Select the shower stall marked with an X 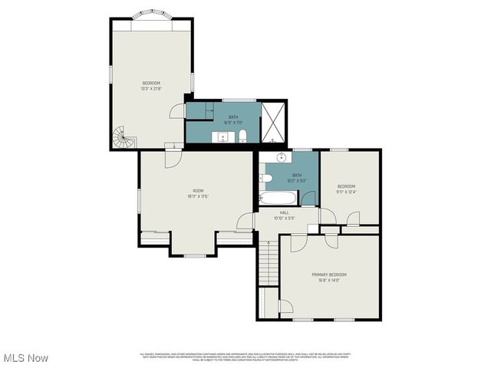tap(273, 123)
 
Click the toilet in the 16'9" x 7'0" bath tap(242, 136)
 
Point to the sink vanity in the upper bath tap(222, 138)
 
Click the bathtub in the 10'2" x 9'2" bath tap(275, 199)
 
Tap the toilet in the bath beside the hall tap(265, 178)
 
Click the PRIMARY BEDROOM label tap(329, 274)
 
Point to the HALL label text tap(284, 212)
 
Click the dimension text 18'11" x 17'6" tap(198, 196)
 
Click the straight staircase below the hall tap(266, 264)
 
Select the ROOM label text tap(198, 190)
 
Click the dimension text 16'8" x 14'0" tap(329, 281)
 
